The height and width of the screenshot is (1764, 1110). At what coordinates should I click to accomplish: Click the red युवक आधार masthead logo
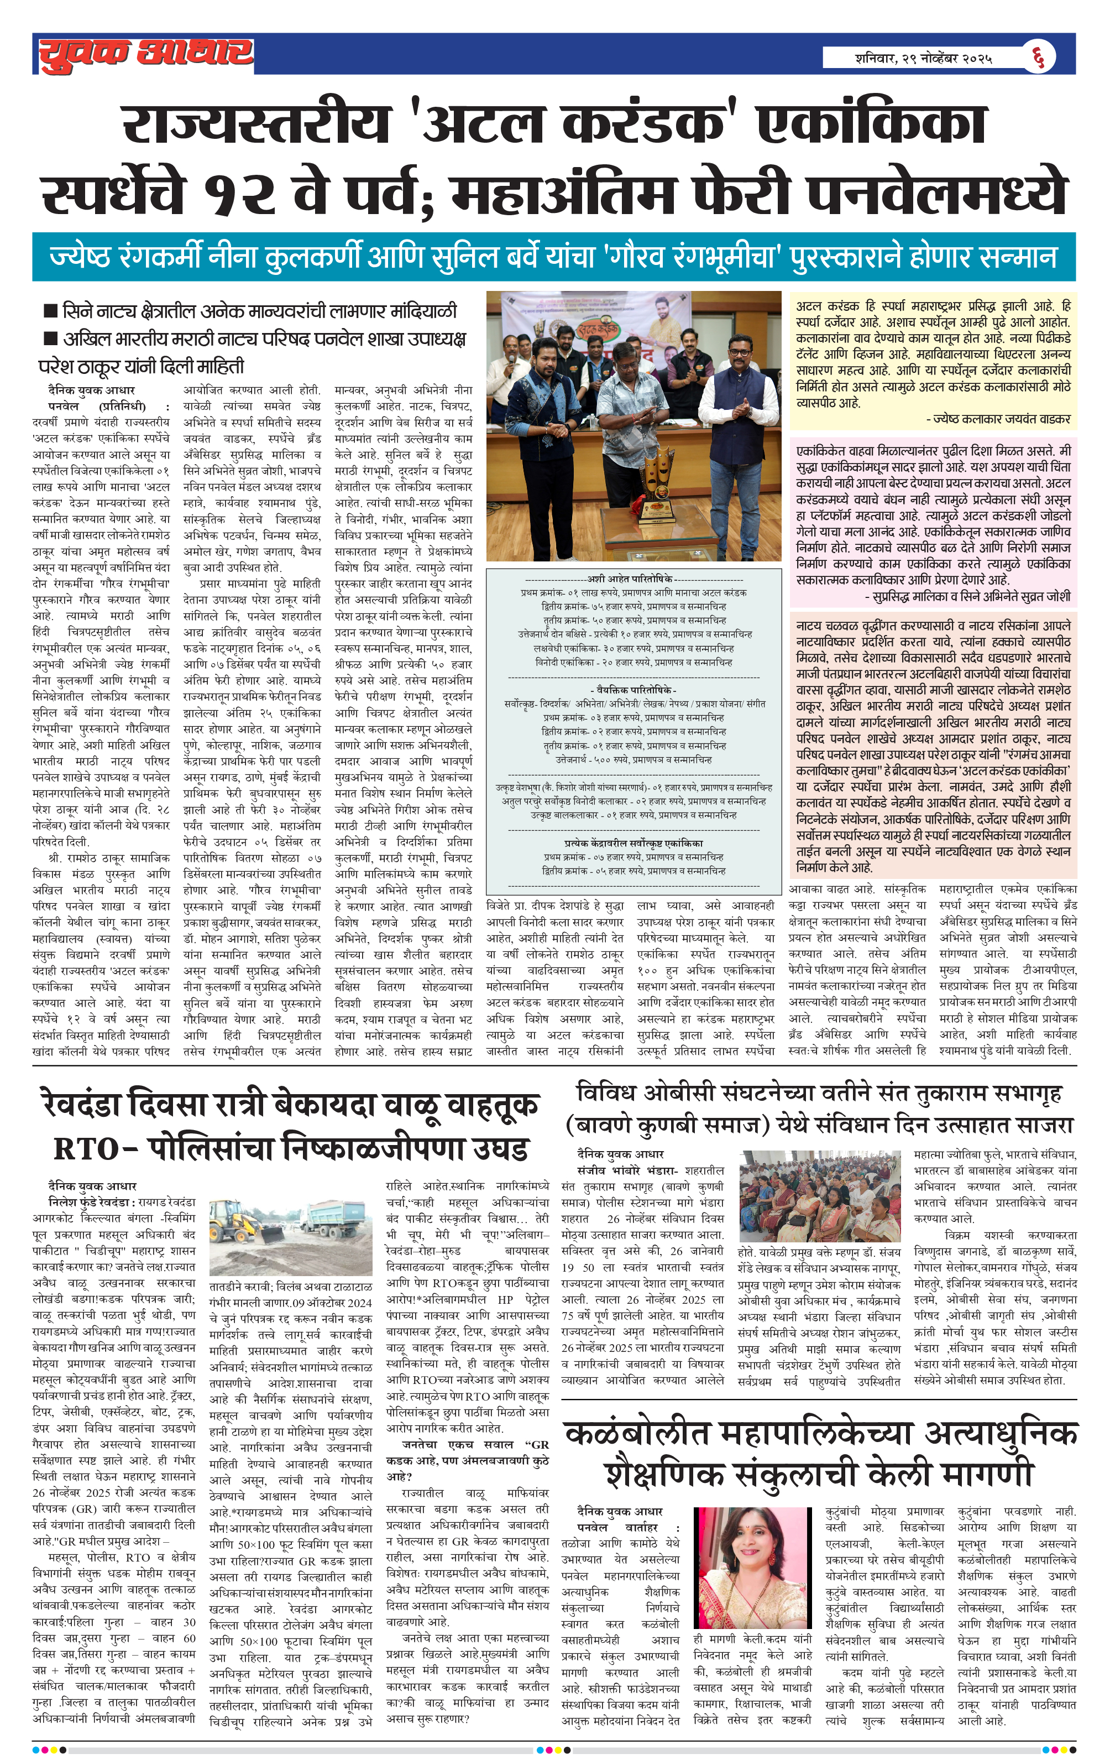click(x=145, y=54)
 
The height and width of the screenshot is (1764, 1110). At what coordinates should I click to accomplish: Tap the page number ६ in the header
click(x=1038, y=56)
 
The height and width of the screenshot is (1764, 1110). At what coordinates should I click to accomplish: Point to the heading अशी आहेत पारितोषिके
click(x=632, y=579)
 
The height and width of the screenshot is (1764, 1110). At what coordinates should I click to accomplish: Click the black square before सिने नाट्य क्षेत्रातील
click(x=50, y=311)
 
